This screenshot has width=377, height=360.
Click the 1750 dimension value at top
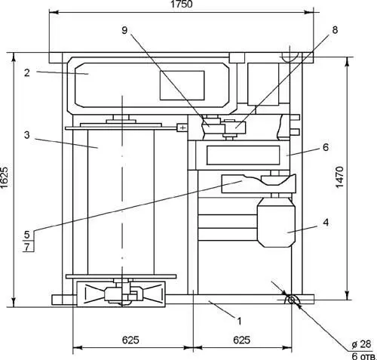(182, 5)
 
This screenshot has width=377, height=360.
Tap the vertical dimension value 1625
(5, 177)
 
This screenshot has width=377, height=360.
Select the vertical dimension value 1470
(339, 177)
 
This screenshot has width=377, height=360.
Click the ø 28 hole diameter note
(361, 344)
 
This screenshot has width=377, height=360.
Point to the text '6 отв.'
(363, 355)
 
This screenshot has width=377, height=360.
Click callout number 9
(124, 30)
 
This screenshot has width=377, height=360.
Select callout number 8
(335, 30)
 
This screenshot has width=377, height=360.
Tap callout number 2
(27, 72)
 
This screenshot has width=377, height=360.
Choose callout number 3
(27, 135)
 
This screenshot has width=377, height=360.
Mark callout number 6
(326, 147)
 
